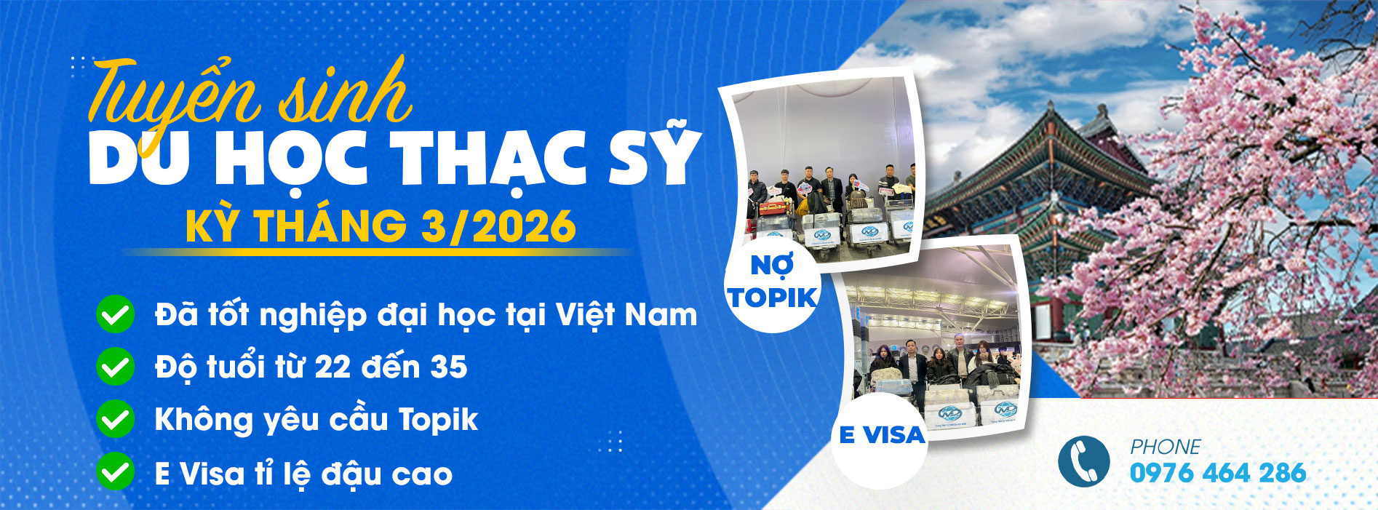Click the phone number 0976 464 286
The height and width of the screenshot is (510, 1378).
pyautogui.click(x=1217, y=473)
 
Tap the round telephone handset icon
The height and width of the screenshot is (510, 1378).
pyautogui.click(x=1083, y=461)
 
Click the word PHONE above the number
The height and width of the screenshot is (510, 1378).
pyautogui.click(x=1165, y=446)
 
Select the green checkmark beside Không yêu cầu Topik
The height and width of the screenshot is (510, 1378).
pyautogui.click(x=115, y=420)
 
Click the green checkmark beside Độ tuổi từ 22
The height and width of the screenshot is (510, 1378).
pyautogui.click(x=115, y=367)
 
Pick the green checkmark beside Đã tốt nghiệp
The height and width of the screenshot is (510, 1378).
pyautogui.click(x=115, y=314)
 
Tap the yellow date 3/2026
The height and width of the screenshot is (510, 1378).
pyautogui.click(x=498, y=226)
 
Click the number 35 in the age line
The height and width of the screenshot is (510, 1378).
pyautogui.click(x=448, y=367)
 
